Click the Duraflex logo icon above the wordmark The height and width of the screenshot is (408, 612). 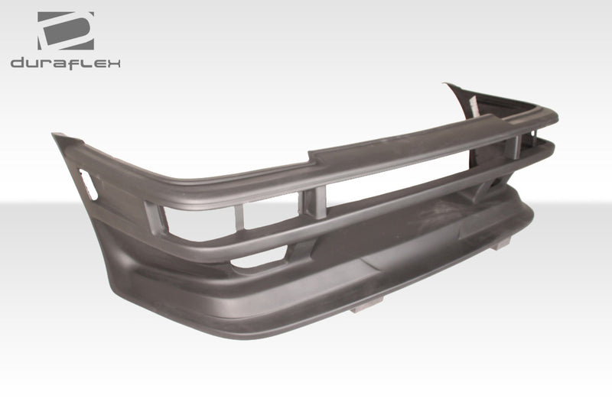pos(65,30)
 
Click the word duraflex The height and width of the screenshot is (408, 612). pos(66,63)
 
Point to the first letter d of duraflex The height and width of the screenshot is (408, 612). pos(18,63)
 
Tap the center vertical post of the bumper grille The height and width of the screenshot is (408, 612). pos(314,201)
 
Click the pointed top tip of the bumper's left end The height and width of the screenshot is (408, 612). pos(55,135)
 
